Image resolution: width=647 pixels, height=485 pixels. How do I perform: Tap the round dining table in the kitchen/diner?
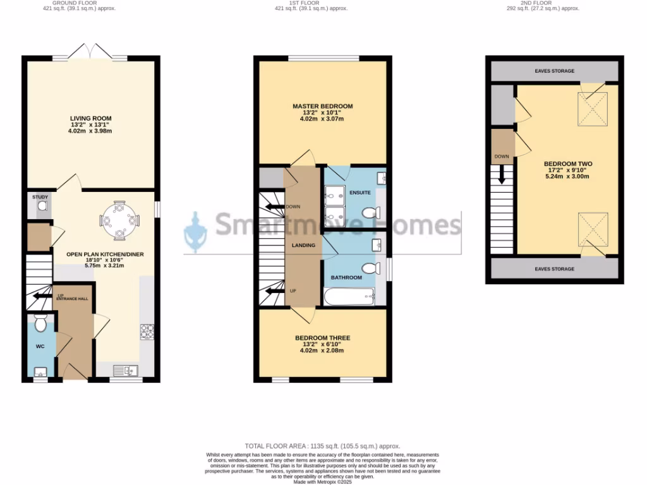click(x=119, y=220)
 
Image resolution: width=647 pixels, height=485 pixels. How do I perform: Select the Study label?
click(x=40, y=197)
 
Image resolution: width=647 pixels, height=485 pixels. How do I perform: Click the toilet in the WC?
click(x=41, y=325)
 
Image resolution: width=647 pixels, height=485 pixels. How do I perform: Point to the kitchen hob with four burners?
click(x=147, y=330)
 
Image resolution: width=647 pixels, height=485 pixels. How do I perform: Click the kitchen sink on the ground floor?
click(x=126, y=370)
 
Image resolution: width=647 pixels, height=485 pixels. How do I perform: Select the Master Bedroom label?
click(x=322, y=106)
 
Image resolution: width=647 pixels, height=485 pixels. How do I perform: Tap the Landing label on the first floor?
click(x=303, y=245)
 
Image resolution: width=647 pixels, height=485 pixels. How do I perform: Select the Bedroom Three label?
click(x=322, y=338)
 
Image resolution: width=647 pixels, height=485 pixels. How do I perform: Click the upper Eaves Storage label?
click(x=554, y=71)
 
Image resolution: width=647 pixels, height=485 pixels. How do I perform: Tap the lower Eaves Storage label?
click(x=554, y=269)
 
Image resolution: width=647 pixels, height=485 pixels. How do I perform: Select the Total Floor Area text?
click(x=322, y=446)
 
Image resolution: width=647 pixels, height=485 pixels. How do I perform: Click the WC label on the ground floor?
click(x=40, y=347)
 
